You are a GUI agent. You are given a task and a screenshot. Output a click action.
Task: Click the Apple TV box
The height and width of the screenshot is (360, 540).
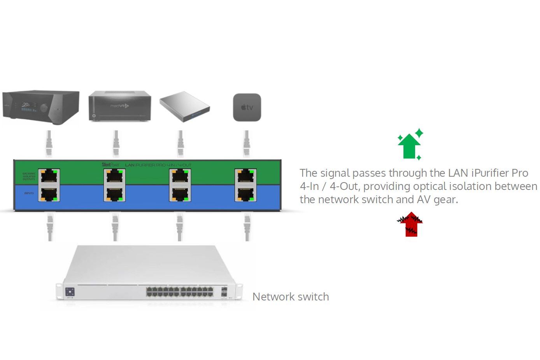click(x=247, y=107)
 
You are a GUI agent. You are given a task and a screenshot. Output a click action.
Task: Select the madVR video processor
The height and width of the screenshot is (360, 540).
click(x=119, y=106)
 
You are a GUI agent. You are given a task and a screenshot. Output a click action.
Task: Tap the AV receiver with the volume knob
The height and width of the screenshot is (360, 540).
click(x=41, y=107)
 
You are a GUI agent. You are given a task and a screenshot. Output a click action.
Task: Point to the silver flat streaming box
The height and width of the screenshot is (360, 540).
click(x=184, y=106)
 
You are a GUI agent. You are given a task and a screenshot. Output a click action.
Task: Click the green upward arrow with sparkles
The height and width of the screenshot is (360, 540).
click(x=410, y=145)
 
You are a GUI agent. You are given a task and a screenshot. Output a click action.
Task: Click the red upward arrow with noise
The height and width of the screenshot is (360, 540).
click(x=410, y=225)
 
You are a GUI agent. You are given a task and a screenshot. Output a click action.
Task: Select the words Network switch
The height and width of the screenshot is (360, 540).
click(x=291, y=297)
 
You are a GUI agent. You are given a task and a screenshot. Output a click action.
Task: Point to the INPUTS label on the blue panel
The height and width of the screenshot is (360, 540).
click(x=29, y=193)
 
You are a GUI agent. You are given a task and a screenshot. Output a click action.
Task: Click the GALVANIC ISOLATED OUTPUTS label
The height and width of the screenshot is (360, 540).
click(x=29, y=176)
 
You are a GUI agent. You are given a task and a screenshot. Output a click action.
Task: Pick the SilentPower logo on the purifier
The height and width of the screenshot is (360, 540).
click(x=110, y=165)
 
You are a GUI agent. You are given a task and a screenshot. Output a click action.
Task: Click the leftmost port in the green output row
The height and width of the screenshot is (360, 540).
click(x=49, y=176)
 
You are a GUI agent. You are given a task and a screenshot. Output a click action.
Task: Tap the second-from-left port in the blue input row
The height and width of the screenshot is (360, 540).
click(x=114, y=193)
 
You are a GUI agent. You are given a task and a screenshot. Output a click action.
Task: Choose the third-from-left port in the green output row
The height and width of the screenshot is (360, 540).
click(x=180, y=176)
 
